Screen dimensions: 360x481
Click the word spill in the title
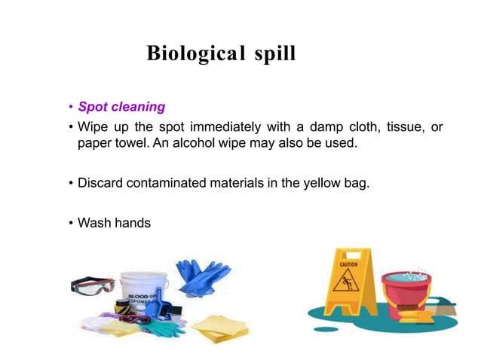coord(276,54)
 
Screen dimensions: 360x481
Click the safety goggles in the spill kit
coord(93,285)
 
